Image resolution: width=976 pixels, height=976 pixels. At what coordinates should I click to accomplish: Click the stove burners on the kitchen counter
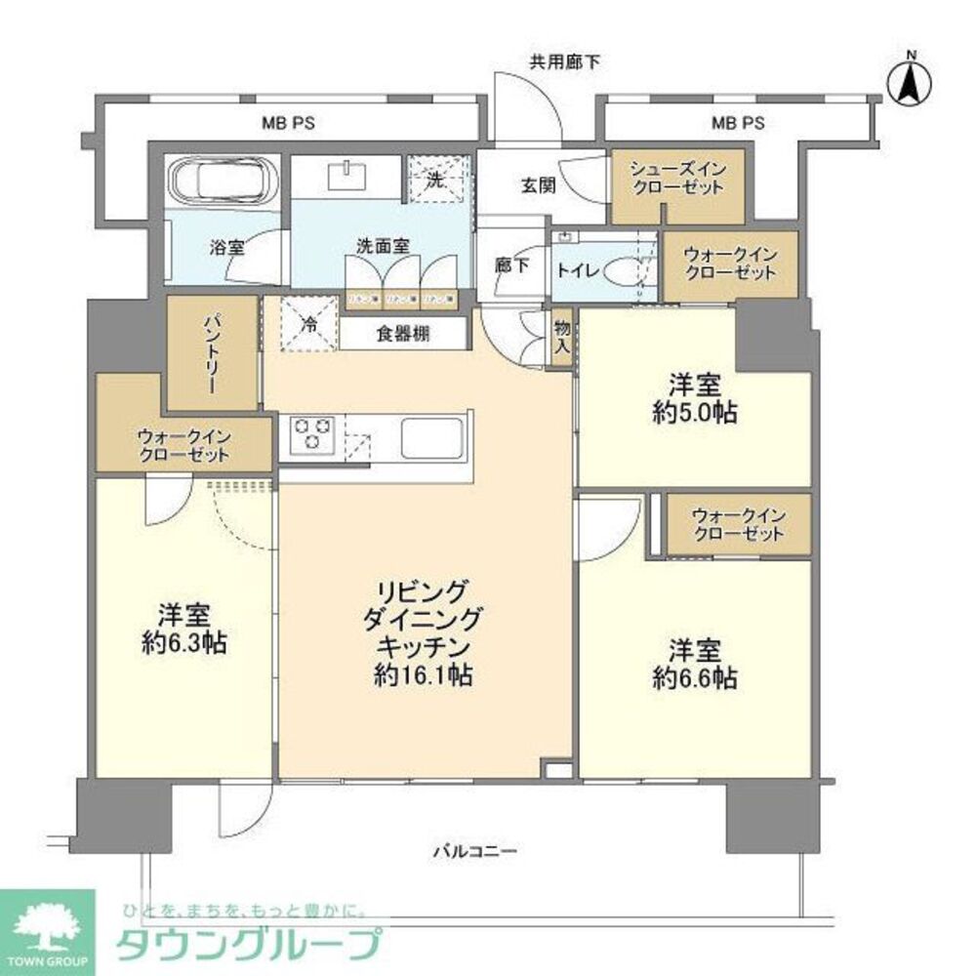pos(310,432)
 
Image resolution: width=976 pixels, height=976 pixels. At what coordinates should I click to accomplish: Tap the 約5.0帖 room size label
pos(696,412)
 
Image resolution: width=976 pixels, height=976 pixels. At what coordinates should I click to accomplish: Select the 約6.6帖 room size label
pos(695,676)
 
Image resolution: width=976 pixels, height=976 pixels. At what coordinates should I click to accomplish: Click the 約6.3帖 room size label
pos(185,643)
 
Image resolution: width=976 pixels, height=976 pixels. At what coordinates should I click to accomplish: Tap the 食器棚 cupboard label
pos(404,332)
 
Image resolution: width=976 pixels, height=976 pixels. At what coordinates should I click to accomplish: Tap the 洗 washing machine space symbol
pos(437,180)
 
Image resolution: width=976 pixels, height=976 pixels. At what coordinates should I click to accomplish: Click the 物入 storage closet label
pos(561,338)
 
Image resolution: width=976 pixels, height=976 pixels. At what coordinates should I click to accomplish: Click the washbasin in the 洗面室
pos(347,176)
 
